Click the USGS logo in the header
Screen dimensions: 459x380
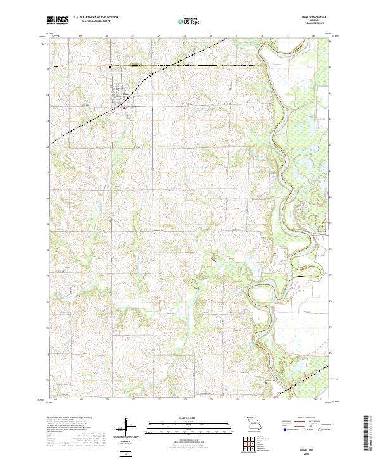[x=57, y=20]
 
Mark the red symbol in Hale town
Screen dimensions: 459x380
[x=124, y=106]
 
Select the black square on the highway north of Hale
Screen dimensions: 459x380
[x=109, y=66]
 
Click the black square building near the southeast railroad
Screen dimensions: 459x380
[x=267, y=383]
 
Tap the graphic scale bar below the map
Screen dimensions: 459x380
[x=189, y=427]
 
